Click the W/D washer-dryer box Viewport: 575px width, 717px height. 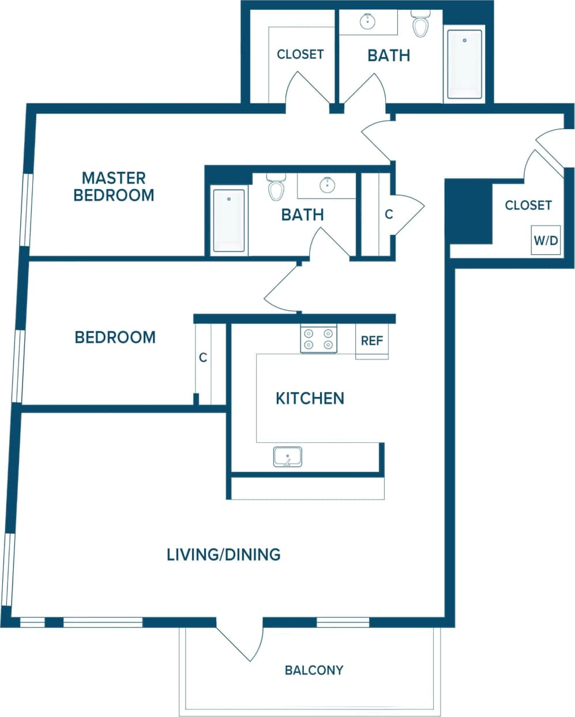[546, 241]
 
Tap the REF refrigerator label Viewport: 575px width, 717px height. [371, 341]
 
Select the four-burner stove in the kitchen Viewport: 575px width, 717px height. [318, 339]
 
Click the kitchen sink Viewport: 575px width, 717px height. [287, 457]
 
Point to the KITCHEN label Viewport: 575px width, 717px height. [310, 399]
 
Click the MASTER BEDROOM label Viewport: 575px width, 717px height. [114, 186]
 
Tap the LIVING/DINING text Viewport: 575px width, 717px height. [223, 554]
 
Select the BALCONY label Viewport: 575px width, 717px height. [314, 670]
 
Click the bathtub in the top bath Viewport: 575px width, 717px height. [464, 65]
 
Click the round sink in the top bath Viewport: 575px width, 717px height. [367, 22]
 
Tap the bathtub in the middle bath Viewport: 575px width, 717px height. [229, 220]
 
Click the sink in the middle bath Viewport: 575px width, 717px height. [327, 185]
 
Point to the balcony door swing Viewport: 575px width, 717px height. [239, 640]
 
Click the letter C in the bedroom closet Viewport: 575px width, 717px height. [203, 358]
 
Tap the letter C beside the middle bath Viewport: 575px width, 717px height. [389, 214]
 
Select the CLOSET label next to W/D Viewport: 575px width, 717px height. [528, 205]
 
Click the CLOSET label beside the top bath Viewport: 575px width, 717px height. [300, 54]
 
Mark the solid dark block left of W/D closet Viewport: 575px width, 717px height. [468, 212]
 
